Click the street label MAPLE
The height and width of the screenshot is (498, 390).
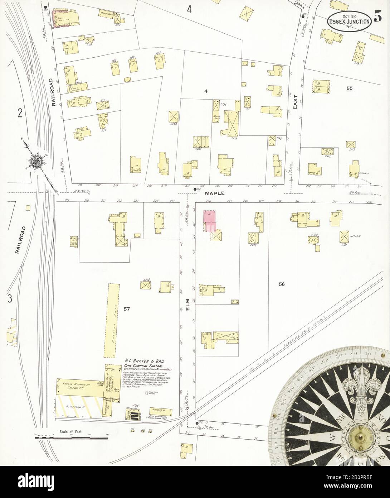215,193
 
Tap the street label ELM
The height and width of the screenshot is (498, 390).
187,307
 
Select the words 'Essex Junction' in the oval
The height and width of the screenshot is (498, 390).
348,21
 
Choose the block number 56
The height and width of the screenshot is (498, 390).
282,284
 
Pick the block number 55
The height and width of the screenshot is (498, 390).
349,88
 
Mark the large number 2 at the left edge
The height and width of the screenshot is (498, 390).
20,114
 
